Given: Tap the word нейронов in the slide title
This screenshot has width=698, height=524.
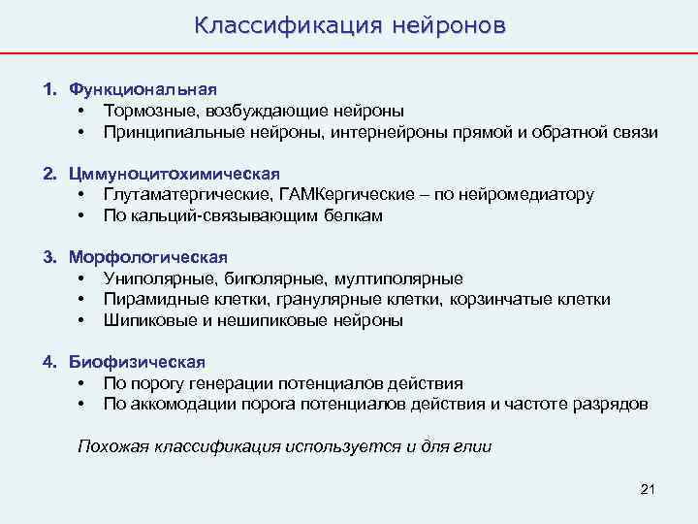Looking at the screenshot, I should click(448, 24).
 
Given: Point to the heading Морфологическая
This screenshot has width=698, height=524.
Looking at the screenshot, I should click(147, 257).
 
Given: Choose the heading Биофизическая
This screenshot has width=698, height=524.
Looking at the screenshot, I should click(137, 362).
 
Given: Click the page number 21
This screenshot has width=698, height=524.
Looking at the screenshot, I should click(649, 489).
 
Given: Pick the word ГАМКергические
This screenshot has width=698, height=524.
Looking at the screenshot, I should click(324, 194).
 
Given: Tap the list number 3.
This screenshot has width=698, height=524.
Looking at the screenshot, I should click(48, 257).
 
